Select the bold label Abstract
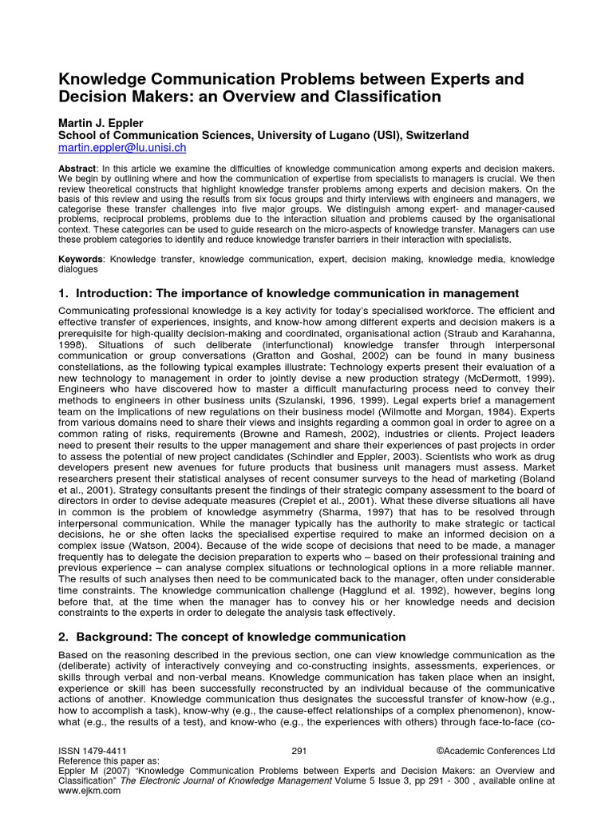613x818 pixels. pyautogui.click(x=77, y=169)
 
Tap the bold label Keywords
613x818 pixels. pyautogui.click(x=81, y=259)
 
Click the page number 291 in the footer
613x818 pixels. pyautogui.click(x=299, y=752)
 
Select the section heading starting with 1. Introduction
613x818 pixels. pyautogui.click(x=288, y=293)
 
